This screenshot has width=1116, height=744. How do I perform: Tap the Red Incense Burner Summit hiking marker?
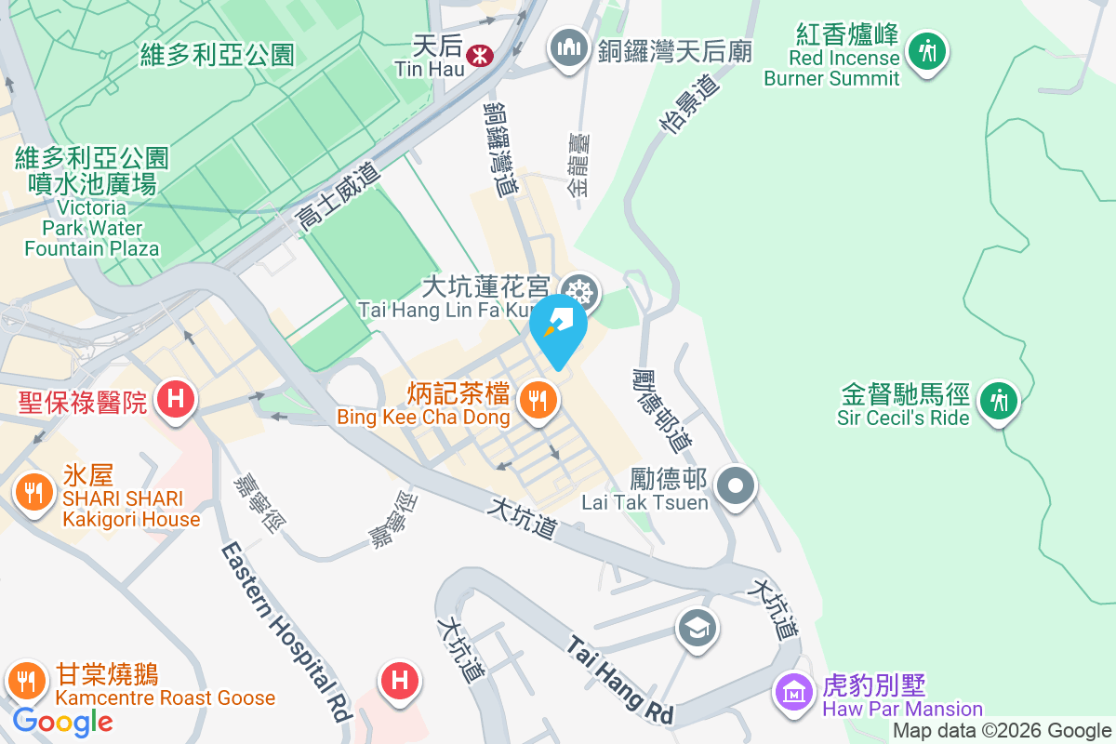(x=927, y=50)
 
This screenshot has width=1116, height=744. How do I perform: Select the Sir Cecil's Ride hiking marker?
(x=999, y=401)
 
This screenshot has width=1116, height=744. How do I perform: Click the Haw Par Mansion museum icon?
(x=794, y=691)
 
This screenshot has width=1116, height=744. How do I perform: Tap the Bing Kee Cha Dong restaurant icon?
(x=537, y=401)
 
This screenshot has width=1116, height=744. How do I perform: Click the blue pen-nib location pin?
(x=558, y=327)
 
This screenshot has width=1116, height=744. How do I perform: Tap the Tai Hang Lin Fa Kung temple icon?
(x=580, y=294)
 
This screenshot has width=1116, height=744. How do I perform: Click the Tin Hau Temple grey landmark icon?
(x=566, y=46)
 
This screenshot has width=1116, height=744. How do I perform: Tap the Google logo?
(x=63, y=721)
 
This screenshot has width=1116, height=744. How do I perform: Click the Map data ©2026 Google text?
(x=1003, y=731)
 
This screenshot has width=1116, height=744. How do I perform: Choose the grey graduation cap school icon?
(x=697, y=629)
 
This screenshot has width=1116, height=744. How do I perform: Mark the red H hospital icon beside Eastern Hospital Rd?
(x=400, y=682)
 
